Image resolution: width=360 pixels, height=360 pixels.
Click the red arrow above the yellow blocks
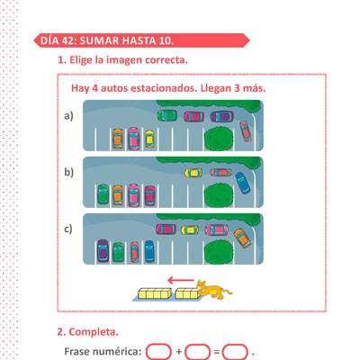(181, 281)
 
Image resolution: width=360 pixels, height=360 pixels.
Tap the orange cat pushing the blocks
(213, 290)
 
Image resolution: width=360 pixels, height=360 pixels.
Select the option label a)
(68, 116)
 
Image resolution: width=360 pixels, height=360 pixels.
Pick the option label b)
(68, 172)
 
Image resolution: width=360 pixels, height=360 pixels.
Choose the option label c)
(68, 229)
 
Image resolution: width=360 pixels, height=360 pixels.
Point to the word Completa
(94, 332)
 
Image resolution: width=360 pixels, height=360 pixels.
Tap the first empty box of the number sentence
(158, 352)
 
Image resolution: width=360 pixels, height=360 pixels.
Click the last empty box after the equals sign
(235, 352)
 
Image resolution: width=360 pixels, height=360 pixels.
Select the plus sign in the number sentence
(179, 352)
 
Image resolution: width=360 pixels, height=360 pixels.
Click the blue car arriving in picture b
(243, 183)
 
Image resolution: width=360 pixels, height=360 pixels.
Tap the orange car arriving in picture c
(242, 238)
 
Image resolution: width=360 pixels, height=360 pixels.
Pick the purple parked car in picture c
(103, 251)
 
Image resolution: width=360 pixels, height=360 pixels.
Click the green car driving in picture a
(167, 116)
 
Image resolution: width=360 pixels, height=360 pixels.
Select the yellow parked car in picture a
(149, 139)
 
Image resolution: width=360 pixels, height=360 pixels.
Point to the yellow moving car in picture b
(193, 173)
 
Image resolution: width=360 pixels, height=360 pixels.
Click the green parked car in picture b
(103, 194)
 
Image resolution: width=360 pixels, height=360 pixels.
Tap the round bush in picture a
(219, 139)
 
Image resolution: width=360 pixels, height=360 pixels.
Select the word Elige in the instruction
(81, 60)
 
